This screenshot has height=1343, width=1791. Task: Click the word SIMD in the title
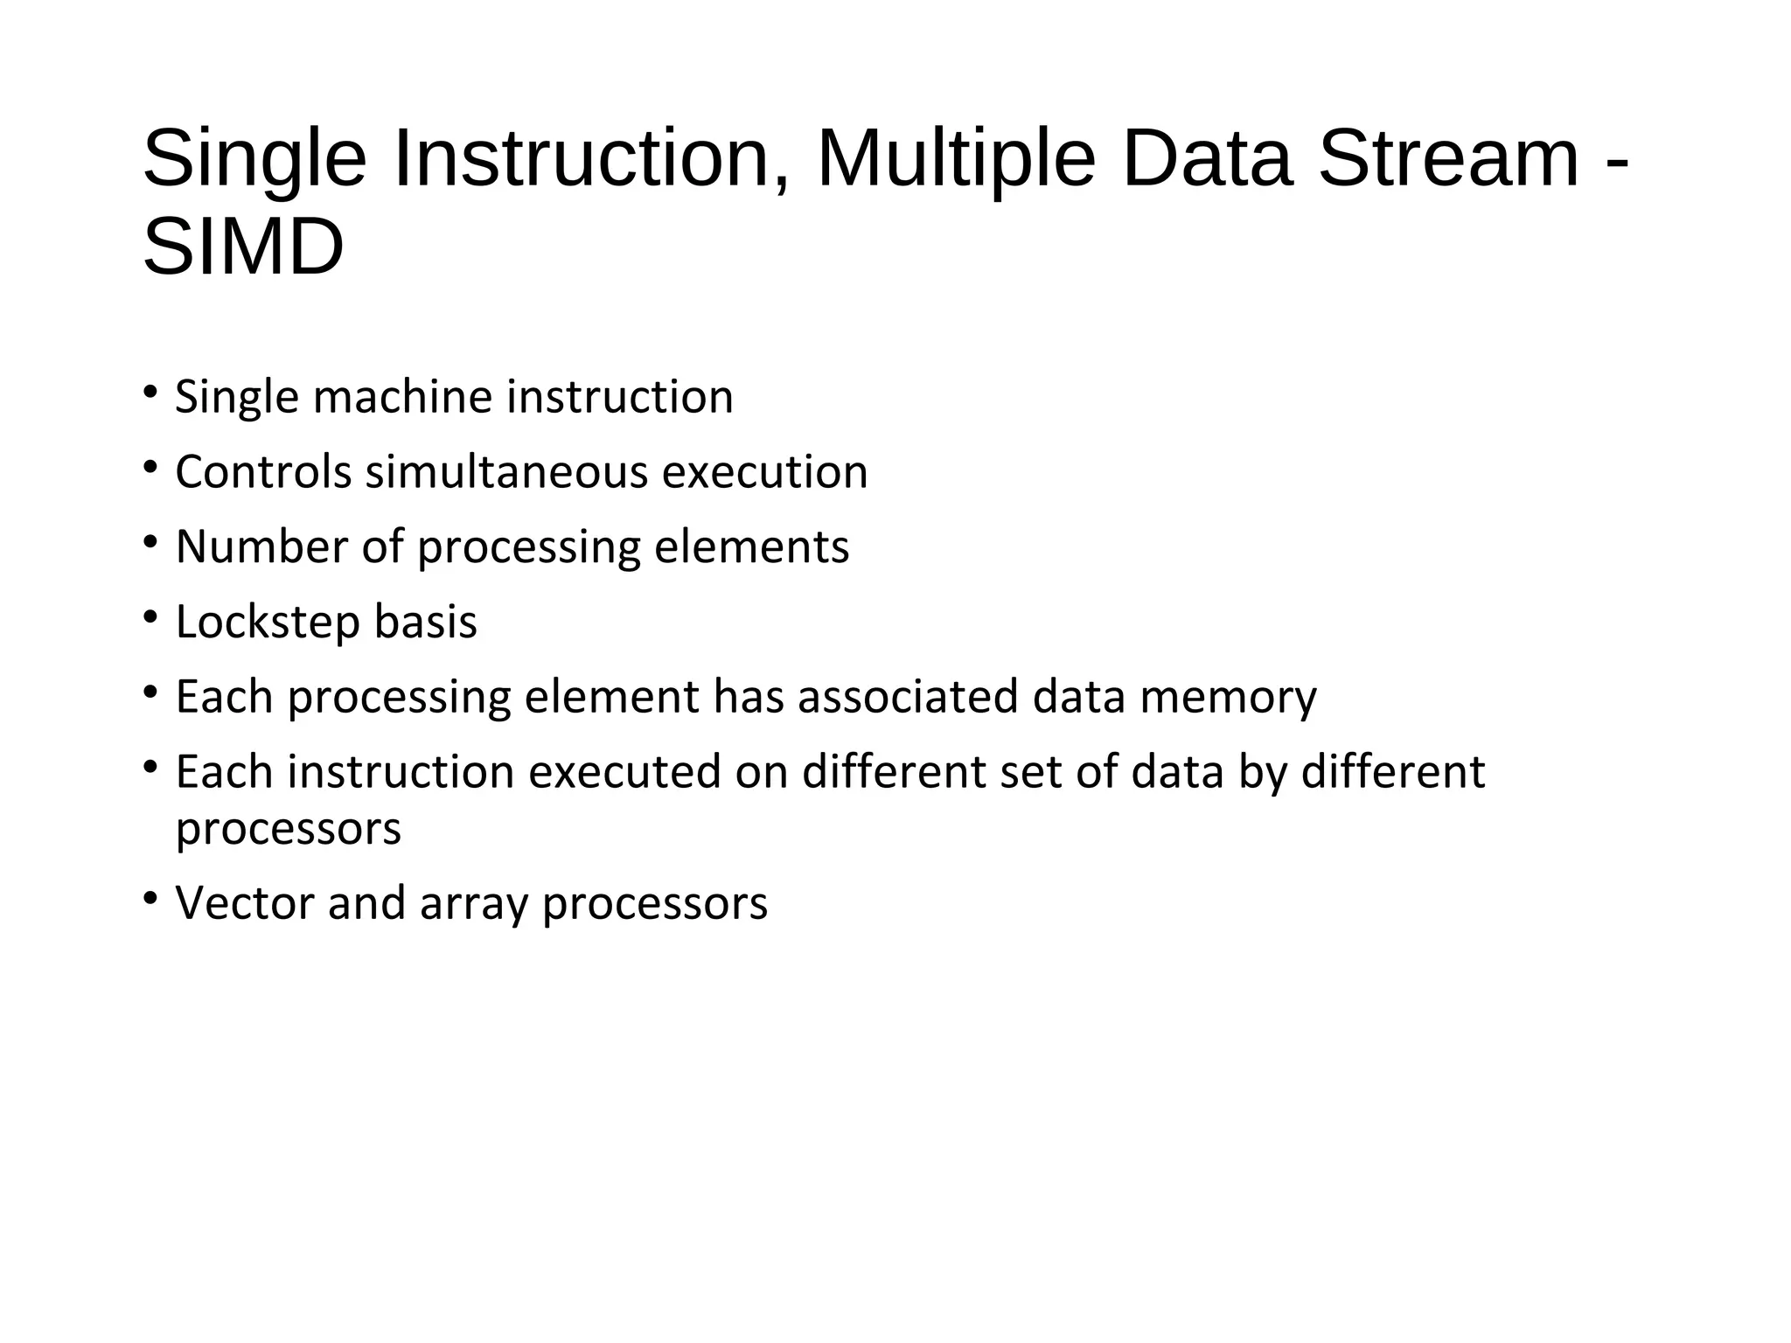coord(243,248)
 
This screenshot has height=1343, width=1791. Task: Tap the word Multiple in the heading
coord(955,159)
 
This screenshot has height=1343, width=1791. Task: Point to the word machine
coord(403,397)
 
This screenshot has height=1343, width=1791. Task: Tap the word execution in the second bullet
coord(764,472)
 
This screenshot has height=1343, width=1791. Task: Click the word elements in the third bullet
coord(751,547)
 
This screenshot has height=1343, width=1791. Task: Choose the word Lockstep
coord(268,623)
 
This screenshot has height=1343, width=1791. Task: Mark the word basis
coord(425,623)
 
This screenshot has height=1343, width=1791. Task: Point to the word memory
coord(1228,698)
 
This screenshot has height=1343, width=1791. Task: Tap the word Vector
coord(244,903)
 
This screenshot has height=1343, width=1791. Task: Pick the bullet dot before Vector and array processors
coord(150,899)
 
